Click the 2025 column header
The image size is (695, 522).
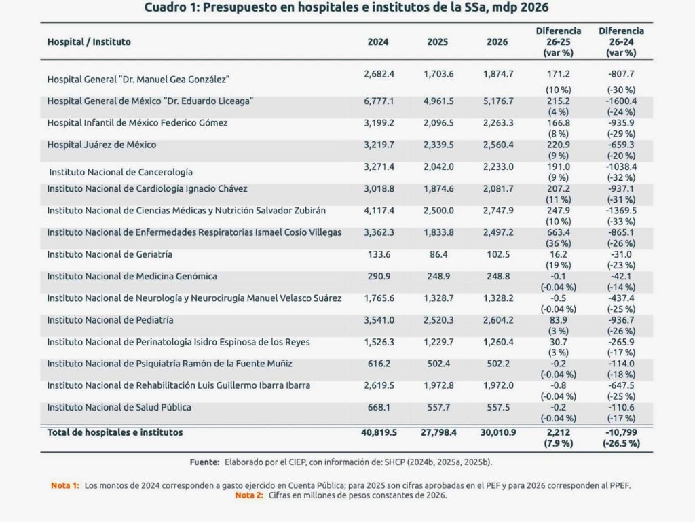coord(437,41)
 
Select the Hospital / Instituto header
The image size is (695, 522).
coord(89,41)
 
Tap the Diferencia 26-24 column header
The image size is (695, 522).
coord(621,41)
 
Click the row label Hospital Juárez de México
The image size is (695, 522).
coord(102,145)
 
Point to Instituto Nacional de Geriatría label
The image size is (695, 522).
coord(109,254)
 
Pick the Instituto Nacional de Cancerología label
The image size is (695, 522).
coord(121,172)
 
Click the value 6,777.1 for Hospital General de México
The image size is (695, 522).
coord(379,100)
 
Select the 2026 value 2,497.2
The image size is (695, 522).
coord(497,232)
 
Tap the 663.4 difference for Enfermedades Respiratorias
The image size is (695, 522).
coord(559,232)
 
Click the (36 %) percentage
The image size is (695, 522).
coord(559,243)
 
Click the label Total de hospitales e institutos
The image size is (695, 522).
coord(115,432)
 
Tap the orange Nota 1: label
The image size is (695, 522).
coord(65,486)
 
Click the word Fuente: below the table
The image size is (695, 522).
coord(204,462)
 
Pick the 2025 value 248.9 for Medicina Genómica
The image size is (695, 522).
coord(438,276)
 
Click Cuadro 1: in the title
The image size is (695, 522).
coord(173,8)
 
